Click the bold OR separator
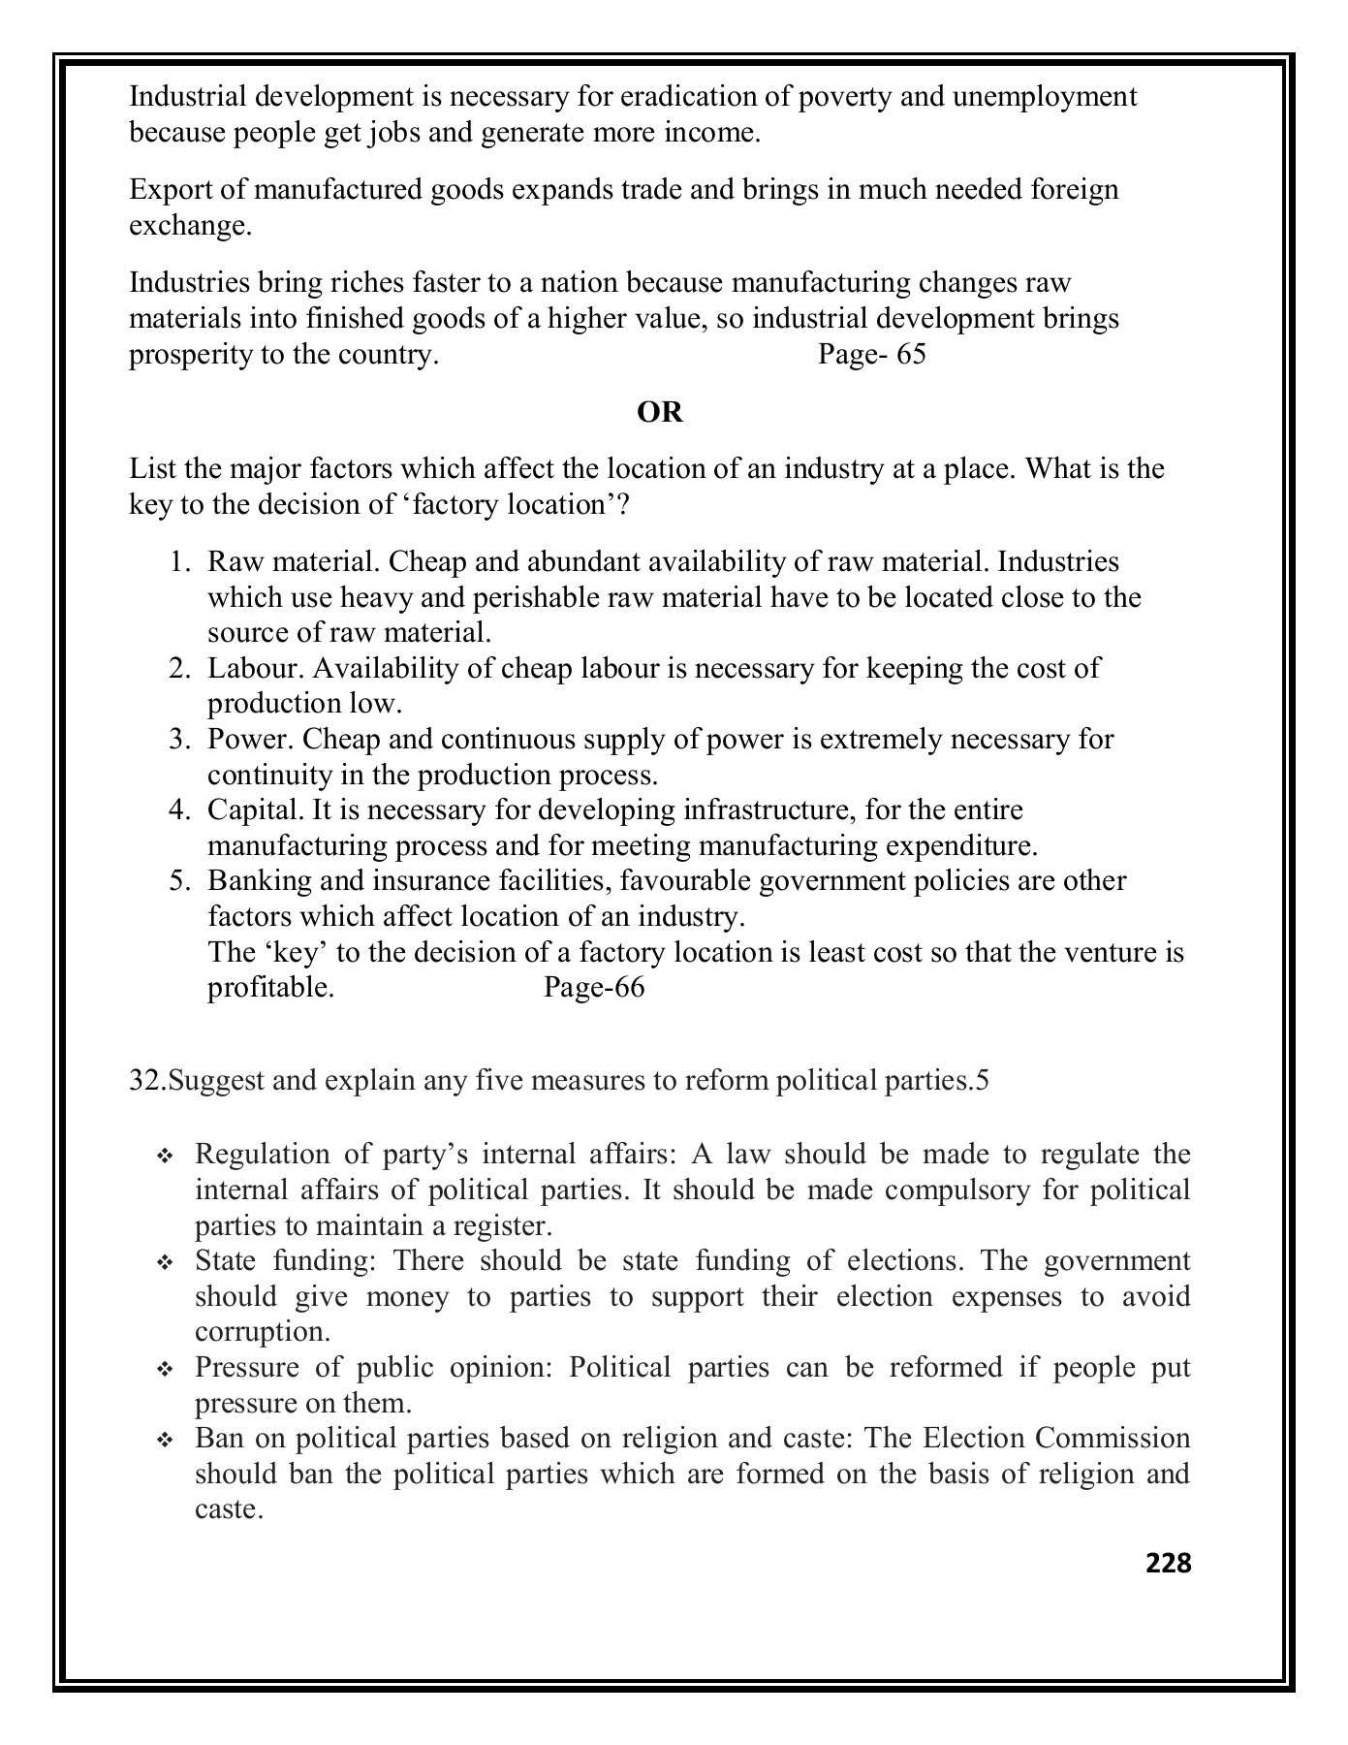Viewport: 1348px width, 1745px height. [660, 413]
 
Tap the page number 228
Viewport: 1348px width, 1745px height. [1168, 1562]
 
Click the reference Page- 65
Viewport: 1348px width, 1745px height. [871, 355]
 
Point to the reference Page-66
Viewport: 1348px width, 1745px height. [593, 988]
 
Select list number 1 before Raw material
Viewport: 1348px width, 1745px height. [178, 562]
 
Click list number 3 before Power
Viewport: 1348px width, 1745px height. [178, 740]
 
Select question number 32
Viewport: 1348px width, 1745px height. [147, 1081]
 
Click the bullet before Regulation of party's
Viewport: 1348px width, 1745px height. [164, 1157]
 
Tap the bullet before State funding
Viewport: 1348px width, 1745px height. [164, 1263]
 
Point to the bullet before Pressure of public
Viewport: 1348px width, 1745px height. [164, 1370]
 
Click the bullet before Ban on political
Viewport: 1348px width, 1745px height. [164, 1441]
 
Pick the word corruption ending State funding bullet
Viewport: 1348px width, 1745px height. [261, 1332]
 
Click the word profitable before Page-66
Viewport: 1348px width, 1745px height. [270, 988]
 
